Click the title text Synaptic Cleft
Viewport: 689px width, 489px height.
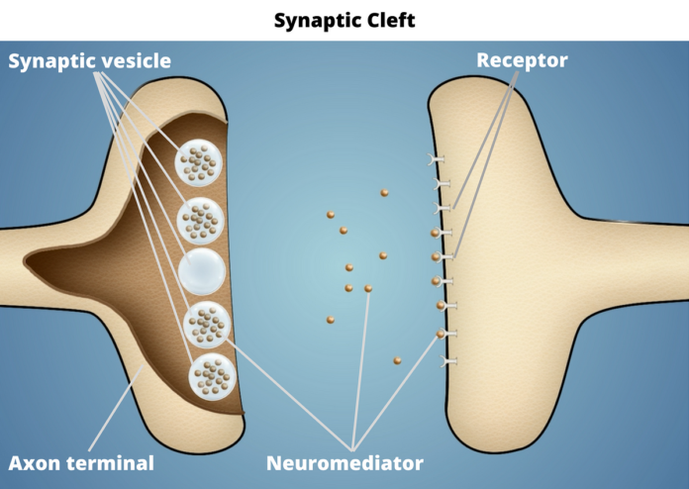pyautogui.click(x=344, y=19)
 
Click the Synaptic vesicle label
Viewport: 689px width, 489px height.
pyautogui.click(x=90, y=61)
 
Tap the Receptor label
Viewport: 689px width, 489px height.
pyautogui.click(x=522, y=60)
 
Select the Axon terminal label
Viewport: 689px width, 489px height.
pyautogui.click(x=81, y=462)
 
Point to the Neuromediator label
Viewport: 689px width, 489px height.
pyautogui.click(x=344, y=462)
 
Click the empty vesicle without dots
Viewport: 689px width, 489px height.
pyautogui.click(x=202, y=269)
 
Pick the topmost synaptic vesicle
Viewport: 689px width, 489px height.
pyautogui.click(x=202, y=161)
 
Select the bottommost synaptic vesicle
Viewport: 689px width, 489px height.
pyautogui.click(x=212, y=374)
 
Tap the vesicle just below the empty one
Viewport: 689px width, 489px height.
pyautogui.click(x=207, y=324)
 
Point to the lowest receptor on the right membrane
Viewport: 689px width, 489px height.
pyautogui.click(x=448, y=362)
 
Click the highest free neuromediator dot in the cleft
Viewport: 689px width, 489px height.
pyautogui.click(x=383, y=193)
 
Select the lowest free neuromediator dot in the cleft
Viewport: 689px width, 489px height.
pyautogui.click(x=397, y=360)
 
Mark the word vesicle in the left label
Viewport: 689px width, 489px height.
pyautogui.click(x=136, y=61)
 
